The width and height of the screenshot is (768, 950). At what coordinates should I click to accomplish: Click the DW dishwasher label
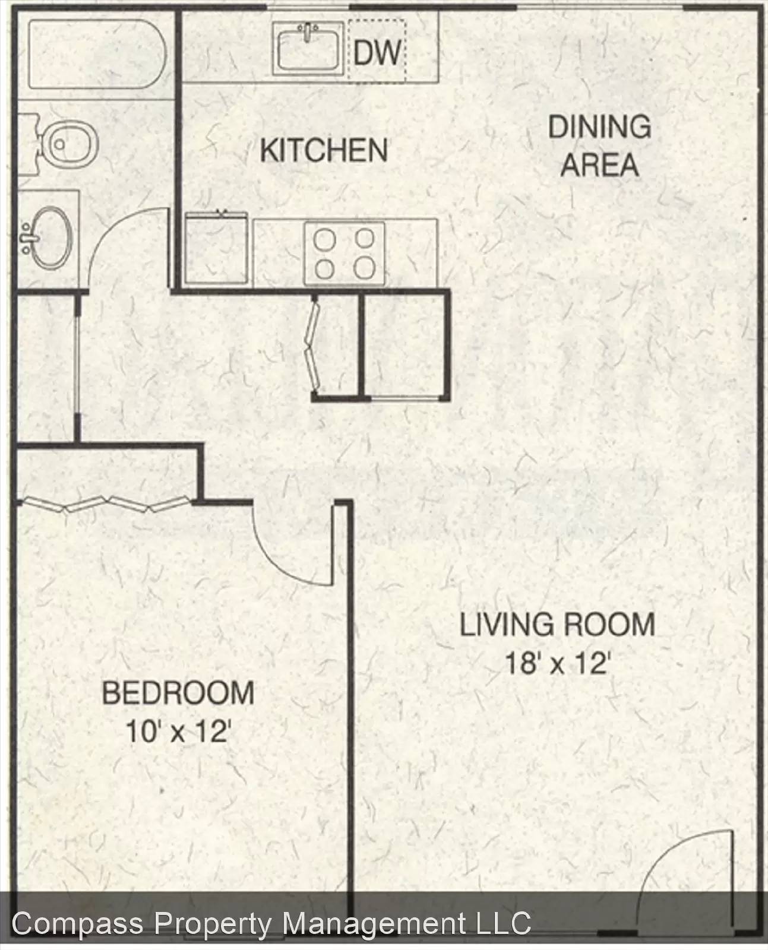click(377, 53)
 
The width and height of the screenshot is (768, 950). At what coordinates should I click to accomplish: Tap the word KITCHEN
click(324, 150)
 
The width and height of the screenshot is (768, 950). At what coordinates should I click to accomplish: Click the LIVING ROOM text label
click(557, 625)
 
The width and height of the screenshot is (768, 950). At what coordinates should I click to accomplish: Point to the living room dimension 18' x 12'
click(557, 663)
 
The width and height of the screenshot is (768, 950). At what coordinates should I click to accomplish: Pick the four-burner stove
click(344, 254)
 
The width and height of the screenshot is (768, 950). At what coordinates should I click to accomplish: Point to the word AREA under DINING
click(599, 165)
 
